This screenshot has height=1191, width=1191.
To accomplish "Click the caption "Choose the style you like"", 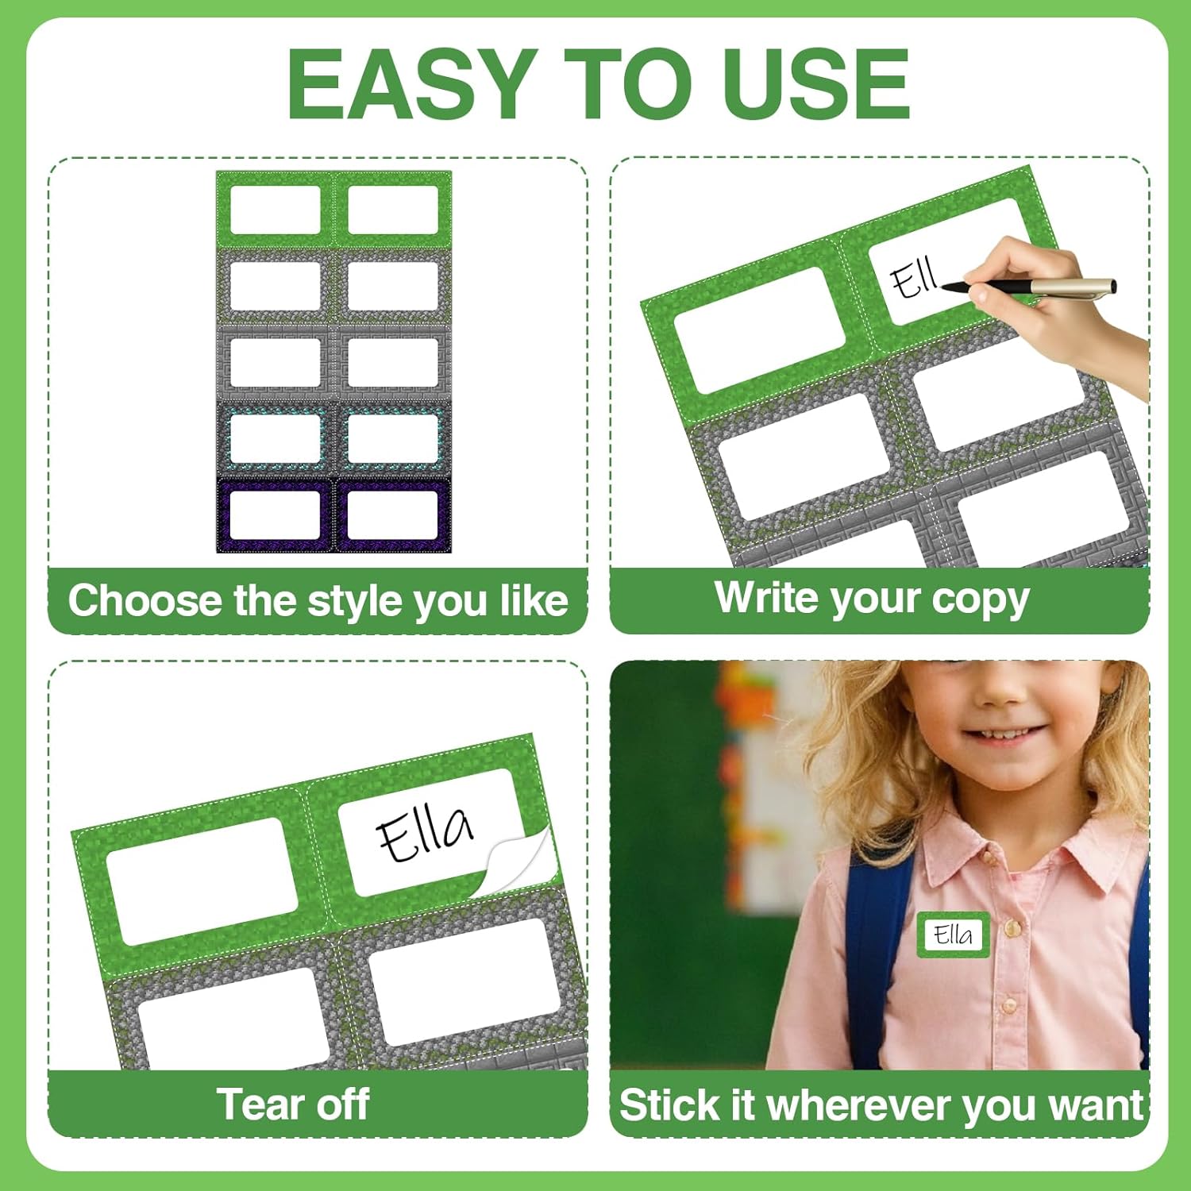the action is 318,601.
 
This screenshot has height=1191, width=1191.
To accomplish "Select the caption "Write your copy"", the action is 872,599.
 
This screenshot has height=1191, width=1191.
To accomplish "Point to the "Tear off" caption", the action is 293,1104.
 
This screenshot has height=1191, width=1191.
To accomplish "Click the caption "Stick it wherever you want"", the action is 881,1105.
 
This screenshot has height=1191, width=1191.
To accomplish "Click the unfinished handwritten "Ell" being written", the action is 914,279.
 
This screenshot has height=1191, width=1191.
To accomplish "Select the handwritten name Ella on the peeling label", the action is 425,834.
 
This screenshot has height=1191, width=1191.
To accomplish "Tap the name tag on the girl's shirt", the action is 953,935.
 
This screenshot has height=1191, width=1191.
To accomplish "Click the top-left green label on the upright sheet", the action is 275,210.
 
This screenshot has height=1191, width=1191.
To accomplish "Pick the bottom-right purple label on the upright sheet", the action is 392,515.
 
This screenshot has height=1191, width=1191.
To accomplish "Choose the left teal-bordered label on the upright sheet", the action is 275,438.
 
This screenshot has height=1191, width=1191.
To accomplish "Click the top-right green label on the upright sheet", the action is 392,210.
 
